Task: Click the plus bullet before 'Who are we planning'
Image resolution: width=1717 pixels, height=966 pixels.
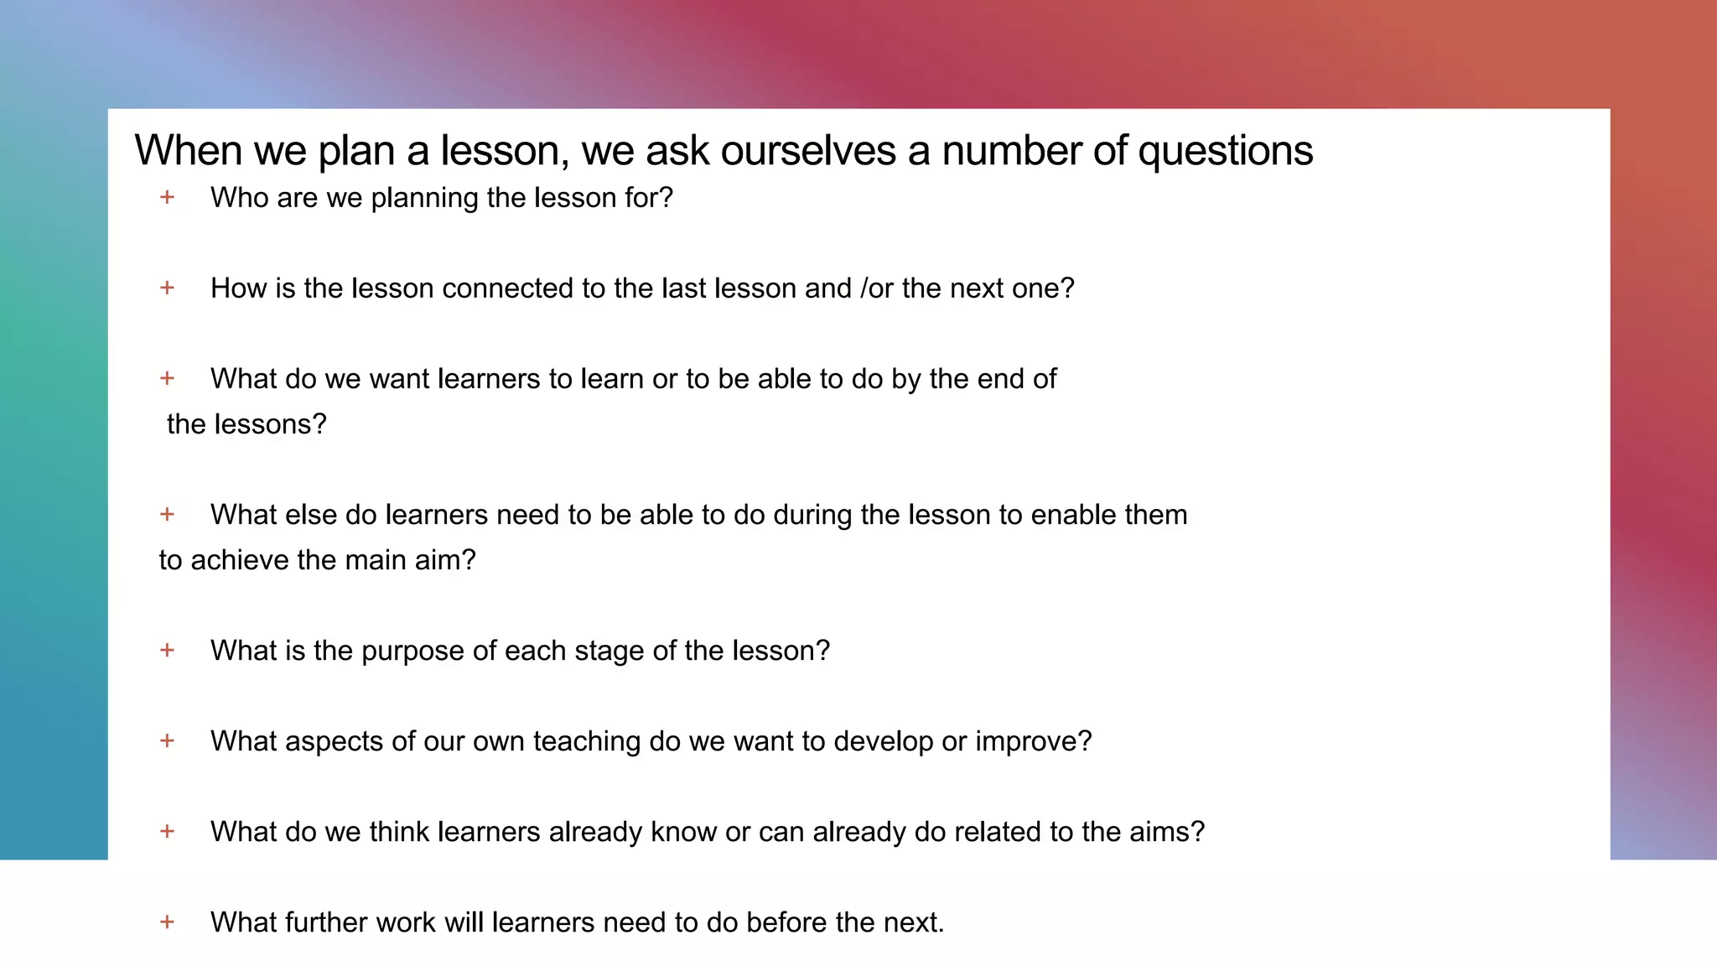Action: point(168,197)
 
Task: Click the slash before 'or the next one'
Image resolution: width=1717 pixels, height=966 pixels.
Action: point(864,288)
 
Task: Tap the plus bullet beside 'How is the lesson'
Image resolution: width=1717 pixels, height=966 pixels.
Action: point(168,288)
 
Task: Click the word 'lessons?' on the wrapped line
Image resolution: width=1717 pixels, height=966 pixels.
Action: point(271,424)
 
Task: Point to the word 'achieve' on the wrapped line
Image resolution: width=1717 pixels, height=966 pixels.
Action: point(240,560)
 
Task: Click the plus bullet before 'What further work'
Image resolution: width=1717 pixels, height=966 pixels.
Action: point(168,922)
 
